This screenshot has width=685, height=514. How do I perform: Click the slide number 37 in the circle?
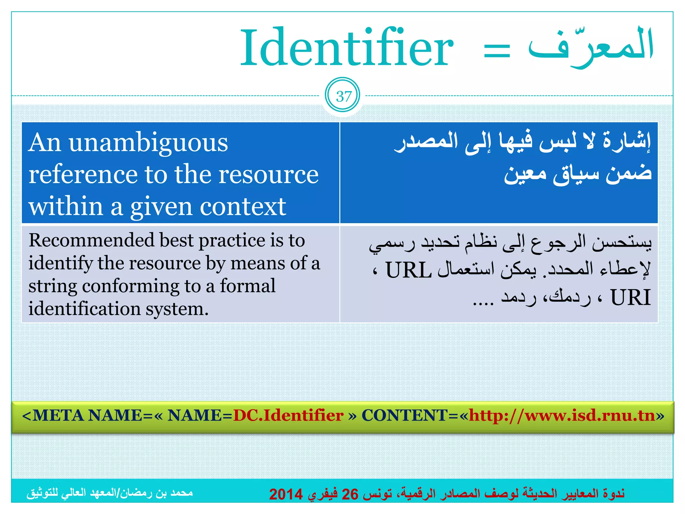[x=343, y=96]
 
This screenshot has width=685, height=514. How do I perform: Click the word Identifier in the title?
[x=347, y=48]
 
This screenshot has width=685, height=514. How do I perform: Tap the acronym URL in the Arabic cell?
[x=408, y=270]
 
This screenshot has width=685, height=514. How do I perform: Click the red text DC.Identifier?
[x=288, y=415]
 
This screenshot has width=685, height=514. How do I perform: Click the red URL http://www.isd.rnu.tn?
[x=562, y=415]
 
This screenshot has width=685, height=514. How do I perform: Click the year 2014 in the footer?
[x=286, y=494]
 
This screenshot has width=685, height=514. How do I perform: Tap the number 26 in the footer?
[x=350, y=494]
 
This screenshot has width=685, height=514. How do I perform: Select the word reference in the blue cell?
[x=84, y=175]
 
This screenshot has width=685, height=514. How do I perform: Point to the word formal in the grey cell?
[x=248, y=286]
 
